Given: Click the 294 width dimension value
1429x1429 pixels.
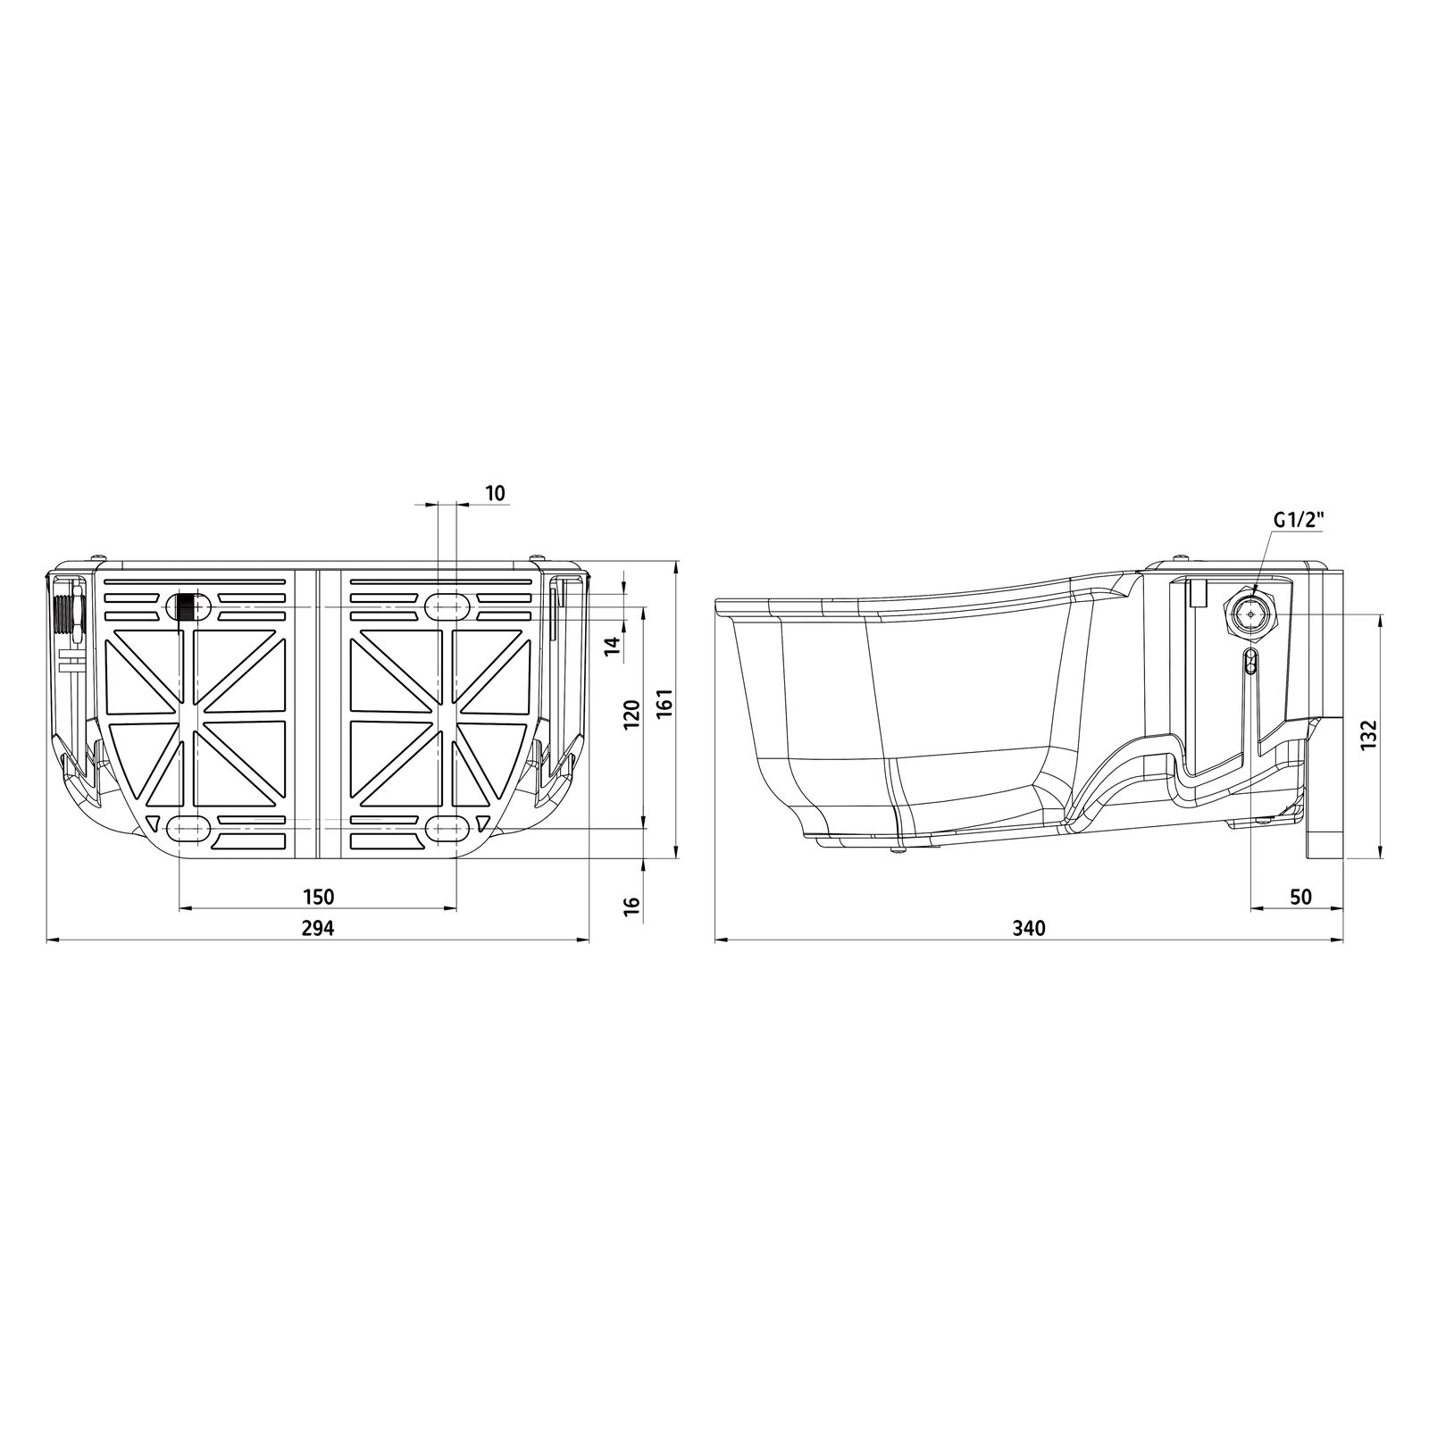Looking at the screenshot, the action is (317, 928).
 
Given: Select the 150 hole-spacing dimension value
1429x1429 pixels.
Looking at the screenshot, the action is (317, 896).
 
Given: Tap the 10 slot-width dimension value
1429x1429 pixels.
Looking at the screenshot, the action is (495, 492).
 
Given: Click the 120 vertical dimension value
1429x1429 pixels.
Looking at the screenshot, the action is (631, 715).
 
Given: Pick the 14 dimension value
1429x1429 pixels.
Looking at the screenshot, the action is (613, 646).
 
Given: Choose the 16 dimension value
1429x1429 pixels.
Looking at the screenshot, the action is (631, 904).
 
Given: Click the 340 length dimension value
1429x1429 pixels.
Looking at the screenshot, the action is (1029, 928).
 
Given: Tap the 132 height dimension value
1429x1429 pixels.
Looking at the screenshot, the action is (1370, 734).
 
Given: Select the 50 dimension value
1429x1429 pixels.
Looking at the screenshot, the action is (1301, 896).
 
